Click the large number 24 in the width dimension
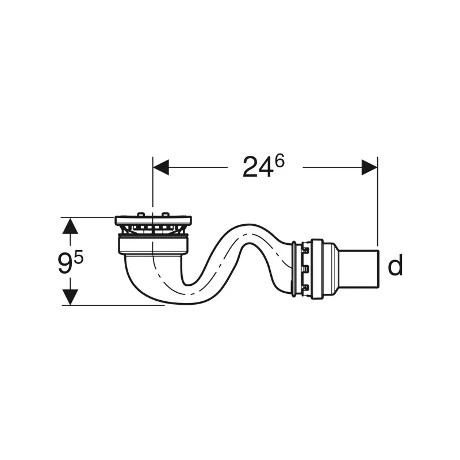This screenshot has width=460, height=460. pos(256,167)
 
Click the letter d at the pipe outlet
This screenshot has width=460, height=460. pos(395,265)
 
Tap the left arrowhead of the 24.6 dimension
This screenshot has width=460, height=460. pos(161,167)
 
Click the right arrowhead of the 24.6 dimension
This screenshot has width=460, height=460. pos(369,167)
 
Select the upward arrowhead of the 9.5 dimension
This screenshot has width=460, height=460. pos(70,225)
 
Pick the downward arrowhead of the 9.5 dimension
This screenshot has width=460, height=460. pos(70,297)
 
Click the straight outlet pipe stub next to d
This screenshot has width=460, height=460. pos(359,269)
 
